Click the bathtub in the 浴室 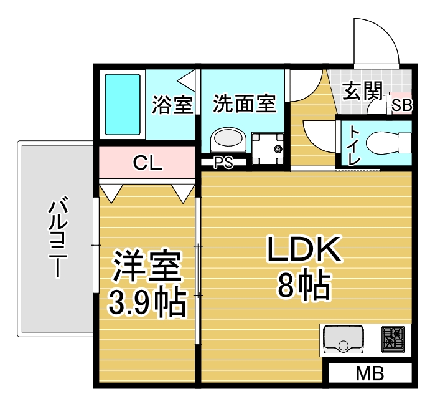coord(123,104)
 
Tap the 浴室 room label coord(172,105)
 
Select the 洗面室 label coord(245,103)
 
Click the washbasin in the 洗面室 coord(228,139)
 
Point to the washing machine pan coord(268,148)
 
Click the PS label coord(223,163)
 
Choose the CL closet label coord(147,163)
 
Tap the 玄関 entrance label coord(363,90)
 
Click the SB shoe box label coord(401,105)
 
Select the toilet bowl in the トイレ coord(389,143)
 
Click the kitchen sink coord(344,339)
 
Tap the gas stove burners coord(393,339)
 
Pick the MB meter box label coord(370,373)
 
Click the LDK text coord(304,249)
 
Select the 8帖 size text coord(304,285)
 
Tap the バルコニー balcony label coord(58,237)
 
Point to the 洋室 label coord(147,266)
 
